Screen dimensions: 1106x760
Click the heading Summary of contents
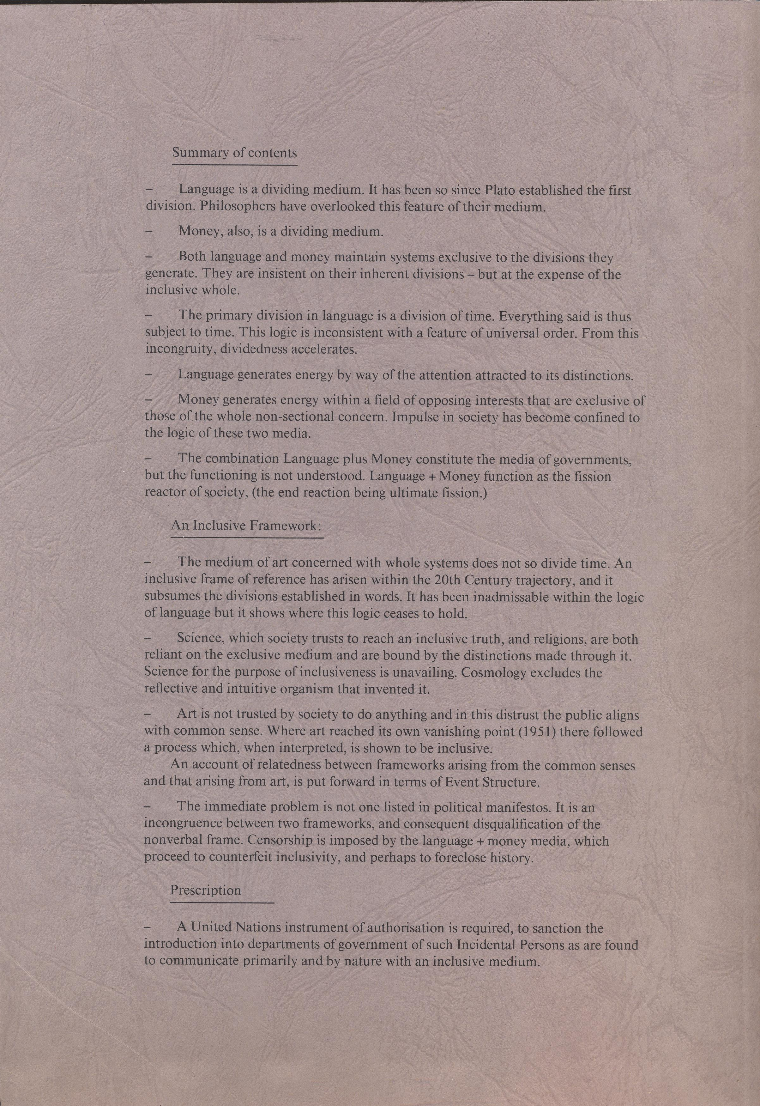(x=234, y=153)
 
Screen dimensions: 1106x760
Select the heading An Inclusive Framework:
(x=246, y=526)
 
